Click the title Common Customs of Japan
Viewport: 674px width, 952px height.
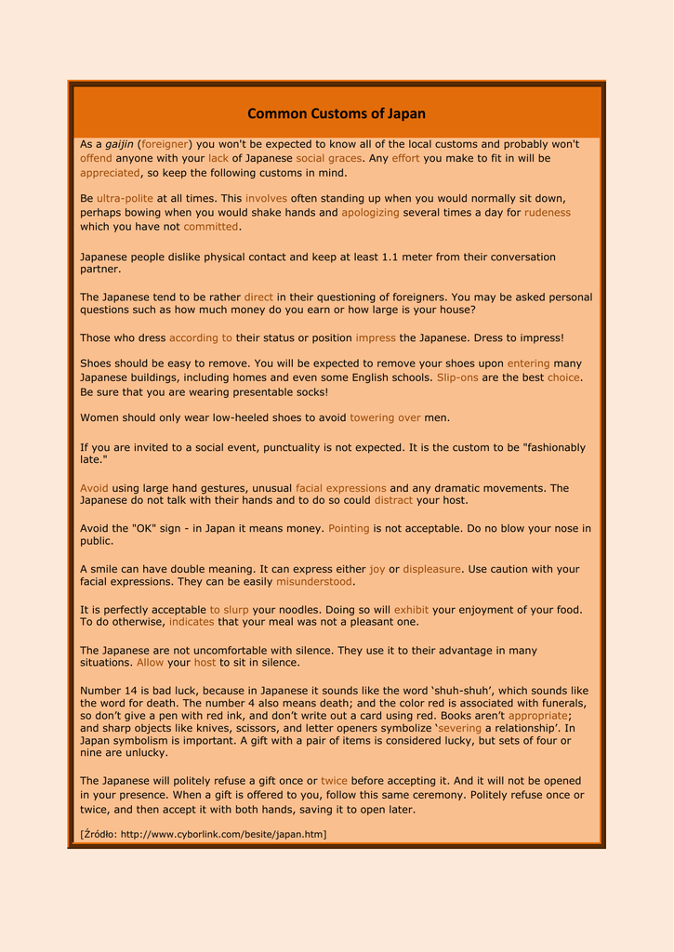tap(337, 113)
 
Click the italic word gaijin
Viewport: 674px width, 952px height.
tap(119, 144)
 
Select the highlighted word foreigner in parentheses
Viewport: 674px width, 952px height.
tap(165, 144)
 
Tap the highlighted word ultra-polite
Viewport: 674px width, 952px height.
tap(125, 198)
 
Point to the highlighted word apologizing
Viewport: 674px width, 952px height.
tap(370, 212)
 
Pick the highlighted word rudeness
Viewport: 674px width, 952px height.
tap(548, 212)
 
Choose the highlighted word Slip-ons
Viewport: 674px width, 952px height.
tap(457, 377)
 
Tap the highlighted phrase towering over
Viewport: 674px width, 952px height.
tap(385, 417)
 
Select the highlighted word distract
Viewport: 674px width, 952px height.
tap(393, 500)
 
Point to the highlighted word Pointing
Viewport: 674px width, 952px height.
tap(349, 528)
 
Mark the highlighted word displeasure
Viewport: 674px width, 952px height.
tap(431, 569)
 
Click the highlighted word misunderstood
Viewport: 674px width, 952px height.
tap(314, 581)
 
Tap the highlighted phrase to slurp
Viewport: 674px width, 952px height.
tap(229, 610)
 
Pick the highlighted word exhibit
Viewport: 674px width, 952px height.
tap(411, 610)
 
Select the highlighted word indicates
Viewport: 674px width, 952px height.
tap(192, 622)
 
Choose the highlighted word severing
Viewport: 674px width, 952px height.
tap(459, 728)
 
